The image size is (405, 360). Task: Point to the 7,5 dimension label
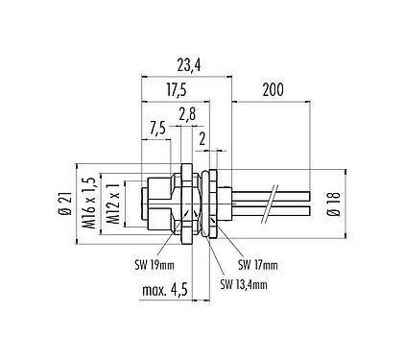pos(160,127)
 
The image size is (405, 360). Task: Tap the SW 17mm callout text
pos(257,264)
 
